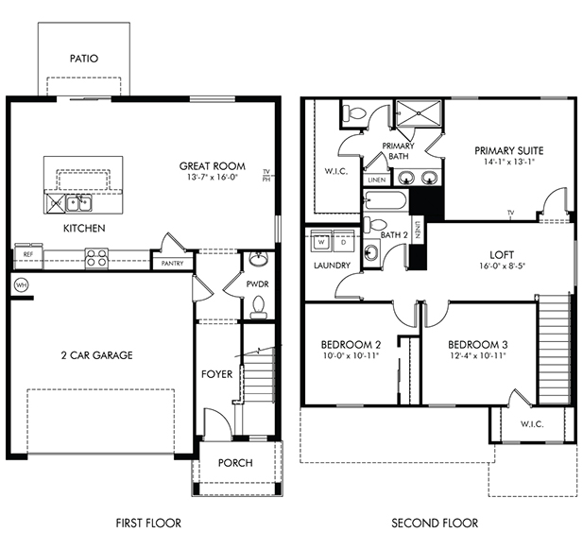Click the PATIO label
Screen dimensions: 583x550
(x=84, y=59)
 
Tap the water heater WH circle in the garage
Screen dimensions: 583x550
(x=21, y=285)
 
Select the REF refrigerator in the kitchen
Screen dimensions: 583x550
(x=28, y=255)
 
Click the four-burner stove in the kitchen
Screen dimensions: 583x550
(x=96, y=258)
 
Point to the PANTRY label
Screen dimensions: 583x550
(x=173, y=264)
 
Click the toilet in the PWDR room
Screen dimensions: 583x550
(x=258, y=307)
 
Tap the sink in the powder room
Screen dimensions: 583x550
(x=258, y=259)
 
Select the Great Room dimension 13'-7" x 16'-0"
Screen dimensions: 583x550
(x=213, y=177)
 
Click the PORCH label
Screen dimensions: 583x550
(x=235, y=463)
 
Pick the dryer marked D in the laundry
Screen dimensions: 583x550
(x=344, y=242)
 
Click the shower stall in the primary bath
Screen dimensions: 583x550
(x=419, y=113)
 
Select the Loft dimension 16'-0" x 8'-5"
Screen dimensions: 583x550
(x=502, y=266)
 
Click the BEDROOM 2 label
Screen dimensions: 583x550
(x=351, y=345)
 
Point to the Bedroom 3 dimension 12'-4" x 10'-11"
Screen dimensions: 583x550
(x=478, y=355)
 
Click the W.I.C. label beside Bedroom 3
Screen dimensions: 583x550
(x=532, y=424)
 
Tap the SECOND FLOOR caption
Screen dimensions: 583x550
(x=435, y=524)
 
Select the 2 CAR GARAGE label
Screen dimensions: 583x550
(x=96, y=355)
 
